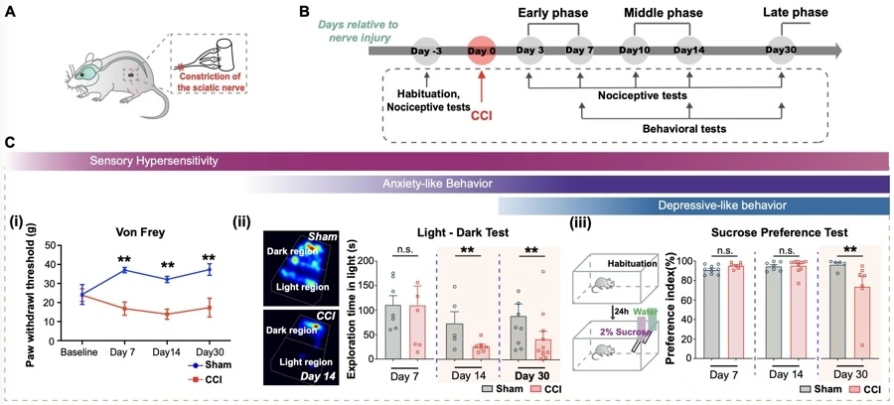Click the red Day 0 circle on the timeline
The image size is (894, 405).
pos(483,51)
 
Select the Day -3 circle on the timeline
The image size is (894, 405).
pos(425,51)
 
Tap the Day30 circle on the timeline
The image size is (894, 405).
pos(783,51)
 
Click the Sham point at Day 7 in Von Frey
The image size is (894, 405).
pos(125,270)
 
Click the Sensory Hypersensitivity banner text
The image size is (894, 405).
pos(154,161)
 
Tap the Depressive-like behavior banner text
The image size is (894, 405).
pos(714,205)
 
